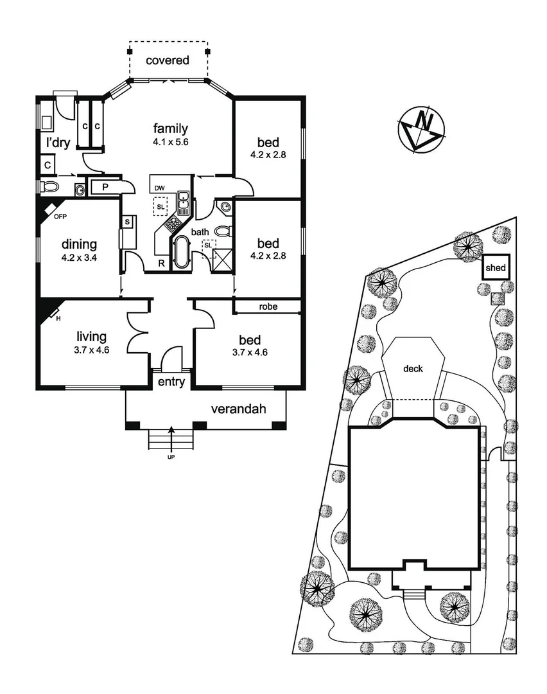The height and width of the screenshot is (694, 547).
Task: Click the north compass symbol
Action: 422,130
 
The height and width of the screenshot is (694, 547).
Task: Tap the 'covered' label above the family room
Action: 168,60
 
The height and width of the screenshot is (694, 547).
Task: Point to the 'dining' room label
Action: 79,244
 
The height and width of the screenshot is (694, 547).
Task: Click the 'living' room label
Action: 91,336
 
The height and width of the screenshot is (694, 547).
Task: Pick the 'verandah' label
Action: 238,409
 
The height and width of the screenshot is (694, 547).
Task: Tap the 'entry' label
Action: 171,382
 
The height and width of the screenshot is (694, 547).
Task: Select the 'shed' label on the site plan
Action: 496,268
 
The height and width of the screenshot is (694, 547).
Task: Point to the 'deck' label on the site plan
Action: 413,369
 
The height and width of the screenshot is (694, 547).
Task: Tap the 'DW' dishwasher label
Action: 160,188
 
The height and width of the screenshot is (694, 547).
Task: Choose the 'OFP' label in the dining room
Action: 60,217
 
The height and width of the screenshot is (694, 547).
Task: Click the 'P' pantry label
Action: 104,186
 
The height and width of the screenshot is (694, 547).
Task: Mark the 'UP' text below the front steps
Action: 171,457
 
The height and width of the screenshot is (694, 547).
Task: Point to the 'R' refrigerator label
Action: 161,262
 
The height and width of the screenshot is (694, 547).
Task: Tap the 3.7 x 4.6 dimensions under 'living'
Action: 91,351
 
